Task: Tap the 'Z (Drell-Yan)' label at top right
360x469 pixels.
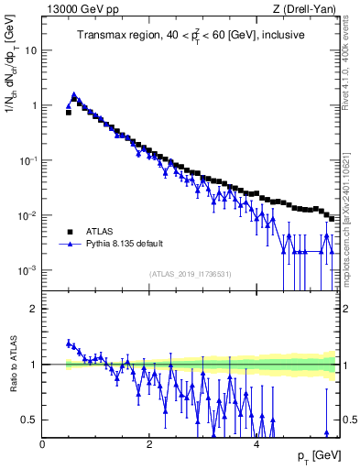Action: pyautogui.click(x=307, y=9)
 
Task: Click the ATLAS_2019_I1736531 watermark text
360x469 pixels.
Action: pyautogui.click(x=190, y=275)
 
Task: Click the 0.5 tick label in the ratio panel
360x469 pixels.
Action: pyautogui.click(x=30, y=420)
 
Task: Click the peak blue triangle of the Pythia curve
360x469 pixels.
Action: pyautogui.click(x=73, y=94)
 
